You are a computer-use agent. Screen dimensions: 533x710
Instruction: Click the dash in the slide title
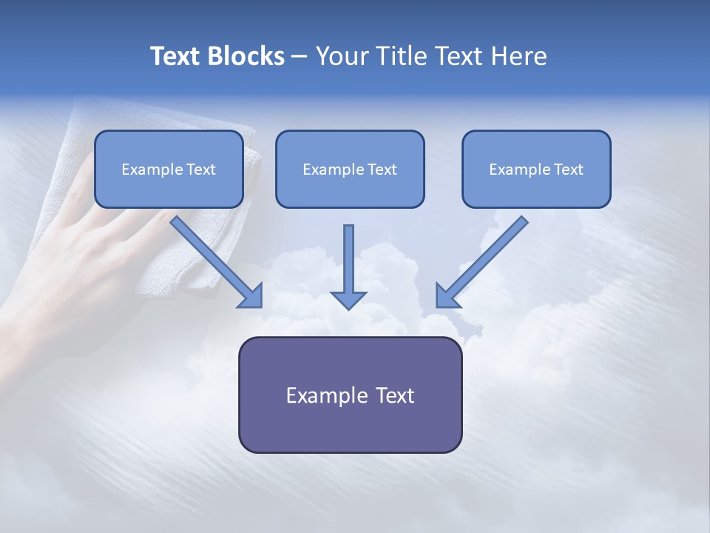click(x=300, y=57)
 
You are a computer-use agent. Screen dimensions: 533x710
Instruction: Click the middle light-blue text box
click(x=350, y=190)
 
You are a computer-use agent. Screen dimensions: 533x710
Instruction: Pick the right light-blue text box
click(x=536, y=190)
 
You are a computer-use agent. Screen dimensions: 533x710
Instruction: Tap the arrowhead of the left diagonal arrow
click(x=251, y=296)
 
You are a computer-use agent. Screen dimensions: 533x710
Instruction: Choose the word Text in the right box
click(x=568, y=170)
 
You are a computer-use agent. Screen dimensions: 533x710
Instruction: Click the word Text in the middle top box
click(x=382, y=170)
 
